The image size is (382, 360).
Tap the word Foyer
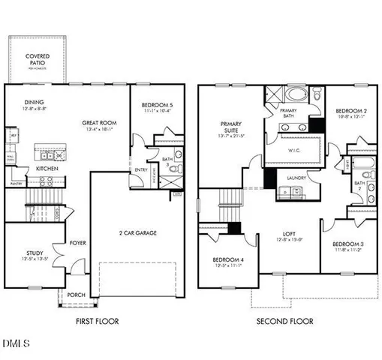pos(78,243)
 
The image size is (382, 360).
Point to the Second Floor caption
pos(284,321)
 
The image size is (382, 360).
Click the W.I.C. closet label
pos(294,149)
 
